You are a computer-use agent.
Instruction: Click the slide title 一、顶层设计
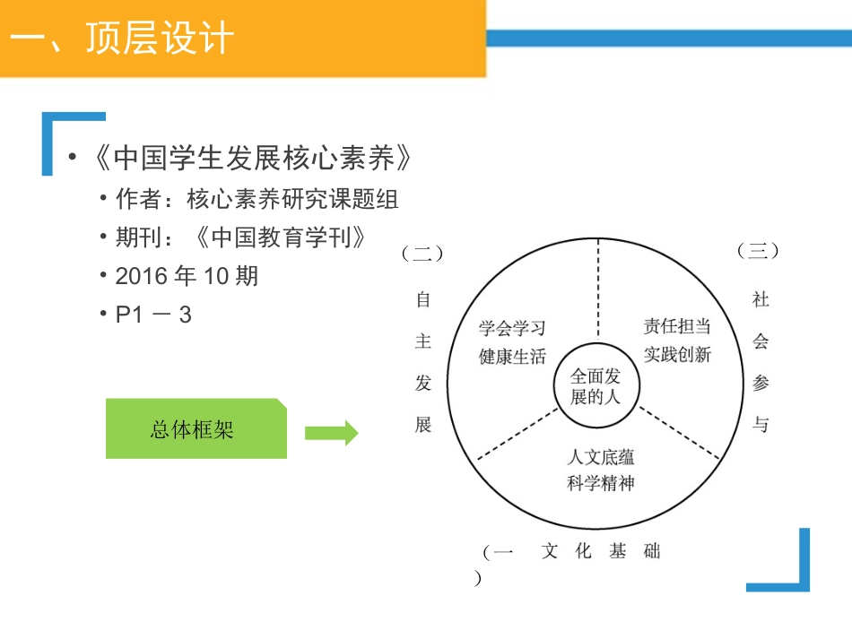(125, 39)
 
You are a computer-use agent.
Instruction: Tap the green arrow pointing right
(331, 434)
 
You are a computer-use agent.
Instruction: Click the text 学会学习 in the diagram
(512, 329)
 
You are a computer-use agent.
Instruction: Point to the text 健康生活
(512, 356)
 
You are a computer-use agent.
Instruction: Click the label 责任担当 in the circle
(677, 326)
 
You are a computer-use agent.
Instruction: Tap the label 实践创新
(677, 354)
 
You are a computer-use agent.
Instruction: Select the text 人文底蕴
(601, 456)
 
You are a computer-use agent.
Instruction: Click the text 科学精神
(601, 483)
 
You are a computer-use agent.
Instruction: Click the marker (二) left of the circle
(422, 254)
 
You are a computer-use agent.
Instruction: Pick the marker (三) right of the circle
(758, 251)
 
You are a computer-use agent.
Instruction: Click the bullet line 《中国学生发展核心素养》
(254, 159)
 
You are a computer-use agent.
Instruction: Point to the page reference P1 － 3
(153, 315)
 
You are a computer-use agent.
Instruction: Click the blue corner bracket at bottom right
(789, 574)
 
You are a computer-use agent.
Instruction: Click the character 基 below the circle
(617, 551)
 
